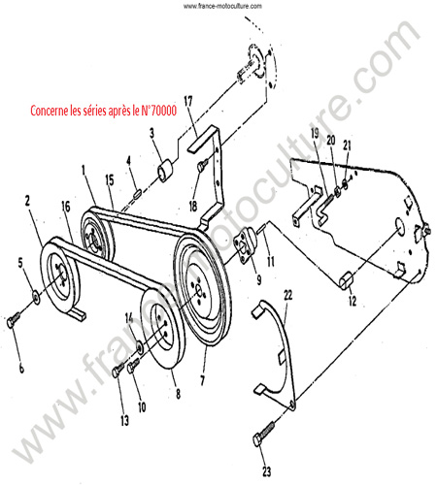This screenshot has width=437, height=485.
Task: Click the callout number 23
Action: [266, 471]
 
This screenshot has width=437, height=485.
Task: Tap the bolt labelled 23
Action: [263, 434]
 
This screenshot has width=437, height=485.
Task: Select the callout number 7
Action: [203, 380]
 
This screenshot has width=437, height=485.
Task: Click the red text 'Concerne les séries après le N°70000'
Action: [104, 111]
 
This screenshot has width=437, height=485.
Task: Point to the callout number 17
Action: [188, 101]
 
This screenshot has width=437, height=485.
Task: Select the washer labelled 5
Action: [36, 296]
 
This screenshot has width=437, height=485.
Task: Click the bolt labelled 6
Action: [14, 319]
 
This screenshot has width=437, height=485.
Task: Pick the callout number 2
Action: [27, 201]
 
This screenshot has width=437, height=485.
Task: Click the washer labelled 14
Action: [140, 346]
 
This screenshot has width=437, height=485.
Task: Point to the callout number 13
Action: [124, 420]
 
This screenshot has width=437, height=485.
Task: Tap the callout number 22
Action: [287, 295]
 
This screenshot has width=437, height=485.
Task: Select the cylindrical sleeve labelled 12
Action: [347, 279]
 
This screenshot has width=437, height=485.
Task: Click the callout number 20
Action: [330, 141]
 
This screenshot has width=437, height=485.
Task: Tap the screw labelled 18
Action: [203, 166]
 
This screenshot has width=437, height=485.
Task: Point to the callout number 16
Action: [66, 207]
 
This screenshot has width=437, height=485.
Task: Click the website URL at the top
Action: [222, 6]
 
